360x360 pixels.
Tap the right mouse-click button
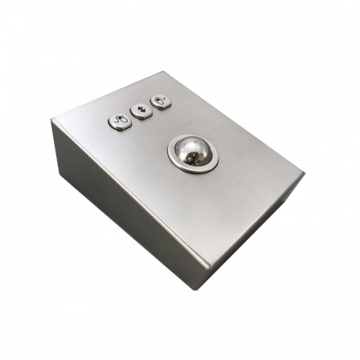click(x=161, y=102)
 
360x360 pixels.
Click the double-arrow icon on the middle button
click(x=142, y=111)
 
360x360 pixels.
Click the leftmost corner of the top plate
click(x=52, y=120)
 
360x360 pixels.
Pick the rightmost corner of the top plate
click(x=304, y=174)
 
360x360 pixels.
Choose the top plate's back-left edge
click(x=108, y=96)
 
